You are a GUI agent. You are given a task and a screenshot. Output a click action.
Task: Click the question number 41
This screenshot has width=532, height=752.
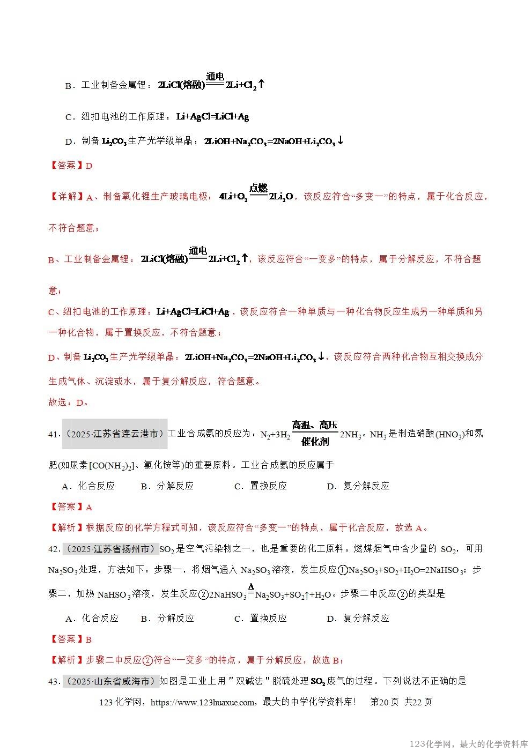coord(53,434)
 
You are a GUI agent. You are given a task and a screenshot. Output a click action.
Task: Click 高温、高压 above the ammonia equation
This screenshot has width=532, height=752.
coord(315,425)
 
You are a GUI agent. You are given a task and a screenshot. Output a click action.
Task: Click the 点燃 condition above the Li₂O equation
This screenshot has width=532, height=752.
coord(258,188)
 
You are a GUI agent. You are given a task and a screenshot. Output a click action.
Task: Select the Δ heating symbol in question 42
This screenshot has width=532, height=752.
coord(250,586)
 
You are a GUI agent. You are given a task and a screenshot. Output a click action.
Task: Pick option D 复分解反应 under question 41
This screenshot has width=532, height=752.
coord(358,486)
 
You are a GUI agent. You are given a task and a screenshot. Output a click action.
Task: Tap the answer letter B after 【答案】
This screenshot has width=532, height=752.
coord(89,639)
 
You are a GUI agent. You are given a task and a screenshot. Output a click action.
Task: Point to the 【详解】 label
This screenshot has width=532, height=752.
coord(66,197)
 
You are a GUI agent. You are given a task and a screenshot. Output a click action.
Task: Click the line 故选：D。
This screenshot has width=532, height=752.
coord(69,403)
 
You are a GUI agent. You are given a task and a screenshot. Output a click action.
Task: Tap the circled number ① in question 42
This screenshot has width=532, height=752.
coord(343,570)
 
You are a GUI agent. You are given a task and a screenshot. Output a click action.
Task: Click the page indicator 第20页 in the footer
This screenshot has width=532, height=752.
coord(385,702)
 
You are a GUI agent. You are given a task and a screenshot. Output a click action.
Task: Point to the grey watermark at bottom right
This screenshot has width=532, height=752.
coord(469,744)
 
